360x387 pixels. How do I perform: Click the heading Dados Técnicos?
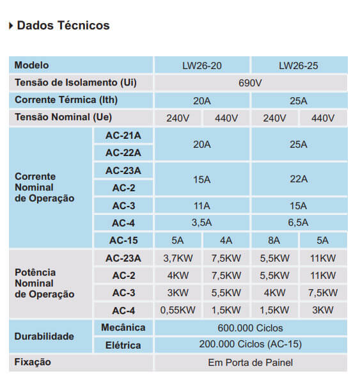click(x=63, y=26)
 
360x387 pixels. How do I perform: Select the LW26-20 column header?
click(x=202, y=65)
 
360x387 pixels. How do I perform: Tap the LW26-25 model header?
click(x=299, y=65)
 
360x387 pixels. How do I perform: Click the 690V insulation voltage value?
click(x=250, y=83)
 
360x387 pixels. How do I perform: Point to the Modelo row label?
click(x=31, y=65)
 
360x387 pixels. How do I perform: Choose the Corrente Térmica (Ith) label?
click(x=66, y=100)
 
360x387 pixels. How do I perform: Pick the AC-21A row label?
click(x=123, y=136)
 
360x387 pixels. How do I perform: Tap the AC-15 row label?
click(x=123, y=241)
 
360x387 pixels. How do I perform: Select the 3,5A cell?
click(x=202, y=223)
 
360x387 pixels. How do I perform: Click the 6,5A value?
click(x=299, y=223)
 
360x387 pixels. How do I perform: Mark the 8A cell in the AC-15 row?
click(x=274, y=241)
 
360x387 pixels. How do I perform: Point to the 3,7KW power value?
click(x=178, y=258)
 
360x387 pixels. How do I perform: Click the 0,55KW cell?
click(x=178, y=310)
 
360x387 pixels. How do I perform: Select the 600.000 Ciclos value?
click(x=250, y=328)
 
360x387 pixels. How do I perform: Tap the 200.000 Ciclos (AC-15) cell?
click(x=250, y=344)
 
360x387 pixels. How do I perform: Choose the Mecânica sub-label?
click(x=123, y=328)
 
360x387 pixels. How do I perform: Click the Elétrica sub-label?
click(x=123, y=345)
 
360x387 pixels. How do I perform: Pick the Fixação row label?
click(x=33, y=362)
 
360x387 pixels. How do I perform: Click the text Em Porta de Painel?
click(x=250, y=363)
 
